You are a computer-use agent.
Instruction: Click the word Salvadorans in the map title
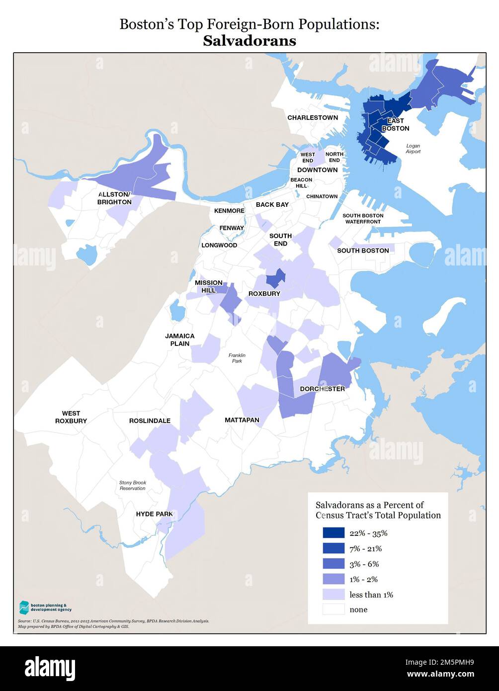pos(249,41)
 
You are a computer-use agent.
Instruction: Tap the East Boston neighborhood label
pos(395,125)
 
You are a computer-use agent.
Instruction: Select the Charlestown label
pos(312,118)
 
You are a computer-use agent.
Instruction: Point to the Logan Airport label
pos(413,149)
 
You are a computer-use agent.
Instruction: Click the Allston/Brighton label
pos(114,198)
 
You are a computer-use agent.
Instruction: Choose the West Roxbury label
pos(71,417)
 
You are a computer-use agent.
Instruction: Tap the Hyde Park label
pos(154,514)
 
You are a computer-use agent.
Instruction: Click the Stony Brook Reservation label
pos(133,485)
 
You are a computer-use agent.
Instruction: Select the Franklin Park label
pos(237,358)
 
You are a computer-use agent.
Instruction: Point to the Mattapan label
pos(242,420)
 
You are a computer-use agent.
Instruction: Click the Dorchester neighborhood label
pos(322,389)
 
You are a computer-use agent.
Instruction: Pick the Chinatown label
pos(322,196)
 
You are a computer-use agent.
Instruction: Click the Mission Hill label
pos(208,286)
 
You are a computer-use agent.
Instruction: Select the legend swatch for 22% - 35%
pos(333,533)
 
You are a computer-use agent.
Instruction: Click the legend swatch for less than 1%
pos(333,595)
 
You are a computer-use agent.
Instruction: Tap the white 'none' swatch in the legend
pos(333,609)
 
